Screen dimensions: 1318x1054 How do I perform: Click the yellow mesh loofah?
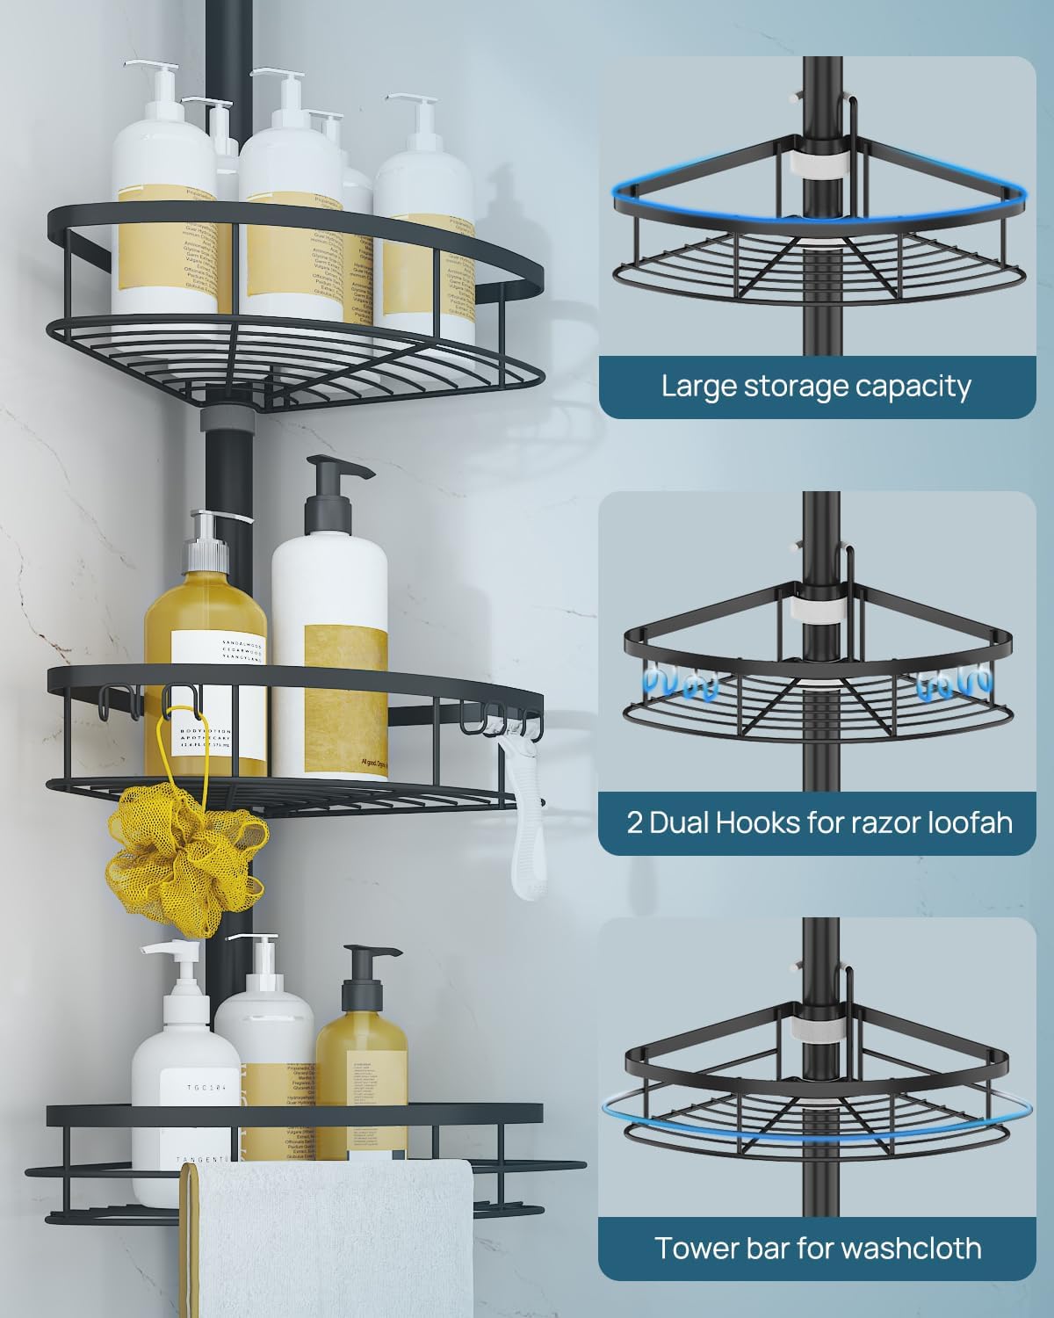pyautogui.click(x=184, y=857)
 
